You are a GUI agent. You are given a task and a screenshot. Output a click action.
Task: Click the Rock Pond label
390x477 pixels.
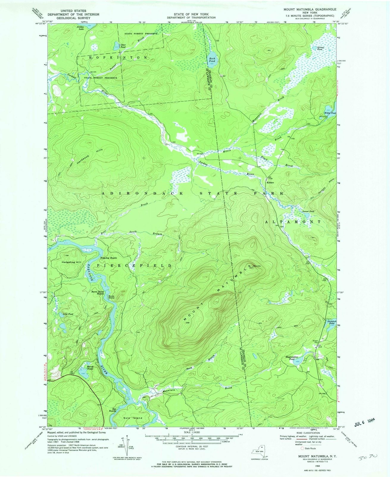[x=212, y=60]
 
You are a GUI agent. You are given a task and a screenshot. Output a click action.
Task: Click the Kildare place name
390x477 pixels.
[x=270, y=182]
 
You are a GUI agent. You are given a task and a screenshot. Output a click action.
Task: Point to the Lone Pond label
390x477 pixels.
[x=68, y=314]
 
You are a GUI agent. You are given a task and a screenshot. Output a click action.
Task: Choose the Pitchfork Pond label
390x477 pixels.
[x=331, y=322]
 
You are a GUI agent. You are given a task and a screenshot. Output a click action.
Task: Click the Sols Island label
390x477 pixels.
[x=133, y=418]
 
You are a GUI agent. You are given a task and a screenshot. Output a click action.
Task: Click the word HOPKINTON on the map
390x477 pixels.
[x=118, y=57]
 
